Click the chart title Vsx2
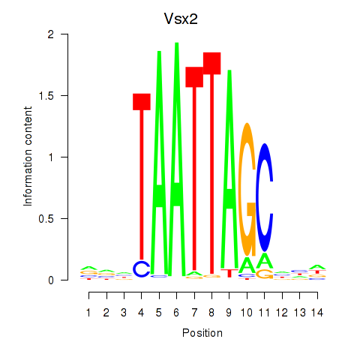pyautogui.click(x=179, y=17)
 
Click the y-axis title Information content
pyautogui.click(x=28, y=157)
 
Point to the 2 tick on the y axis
pyautogui.click(x=68, y=34)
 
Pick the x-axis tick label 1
pyautogui.click(x=89, y=311)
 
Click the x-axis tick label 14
pyautogui.click(x=316, y=311)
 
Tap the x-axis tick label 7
pyautogui.click(x=194, y=311)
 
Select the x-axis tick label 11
pyautogui.click(x=264, y=311)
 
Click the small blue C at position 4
pyautogui.click(x=142, y=268)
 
